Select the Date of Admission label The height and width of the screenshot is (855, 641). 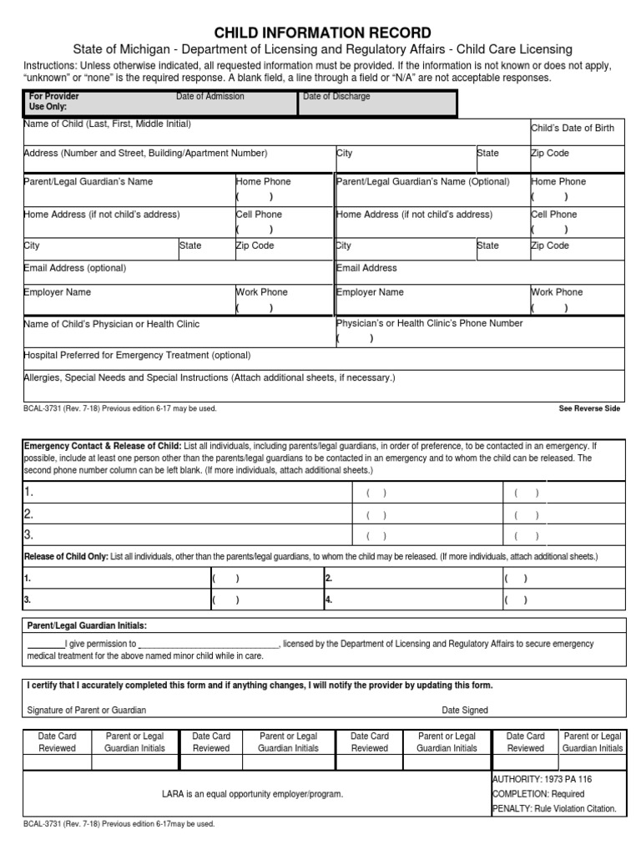click(209, 97)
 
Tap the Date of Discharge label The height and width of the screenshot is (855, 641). click(336, 97)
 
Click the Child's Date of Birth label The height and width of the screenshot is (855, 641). click(573, 128)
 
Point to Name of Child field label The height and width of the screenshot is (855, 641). click(108, 124)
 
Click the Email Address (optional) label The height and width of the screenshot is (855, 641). click(75, 268)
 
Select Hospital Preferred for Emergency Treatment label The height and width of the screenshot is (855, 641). click(137, 355)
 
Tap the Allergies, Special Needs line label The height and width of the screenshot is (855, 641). click(209, 377)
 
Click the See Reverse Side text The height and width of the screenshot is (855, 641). click(589, 409)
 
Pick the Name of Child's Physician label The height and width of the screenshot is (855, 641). click(112, 324)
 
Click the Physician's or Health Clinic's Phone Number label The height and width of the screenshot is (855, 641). click(429, 323)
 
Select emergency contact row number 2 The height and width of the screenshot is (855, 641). click(28, 514)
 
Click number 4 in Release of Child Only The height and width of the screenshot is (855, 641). click(329, 600)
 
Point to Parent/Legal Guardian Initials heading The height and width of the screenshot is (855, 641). click(88, 625)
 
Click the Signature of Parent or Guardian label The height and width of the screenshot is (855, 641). click(87, 710)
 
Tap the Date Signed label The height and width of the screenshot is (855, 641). click(465, 710)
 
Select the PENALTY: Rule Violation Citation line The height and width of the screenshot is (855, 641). click(554, 808)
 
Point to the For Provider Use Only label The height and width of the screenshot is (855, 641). click(54, 102)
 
